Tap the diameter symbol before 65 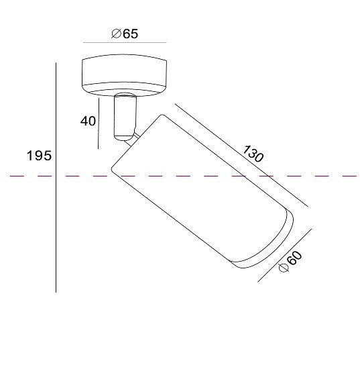click(x=116, y=34)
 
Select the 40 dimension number click(x=88, y=121)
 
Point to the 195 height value click(x=39, y=156)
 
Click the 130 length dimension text click(x=253, y=154)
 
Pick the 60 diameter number click(x=295, y=258)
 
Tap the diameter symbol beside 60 click(x=284, y=268)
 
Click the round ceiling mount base click(x=125, y=75)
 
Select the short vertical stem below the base click(x=125, y=117)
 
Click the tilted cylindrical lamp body click(x=202, y=191)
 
